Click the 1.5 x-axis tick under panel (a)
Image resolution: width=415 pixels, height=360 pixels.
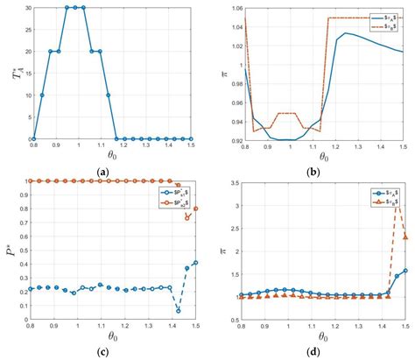[x=191, y=146]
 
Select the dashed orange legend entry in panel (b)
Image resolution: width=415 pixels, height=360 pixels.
[x=383, y=25]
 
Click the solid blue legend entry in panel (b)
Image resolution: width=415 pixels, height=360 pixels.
[x=383, y=15]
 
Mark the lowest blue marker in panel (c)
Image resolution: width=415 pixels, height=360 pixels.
[x=178, y=310]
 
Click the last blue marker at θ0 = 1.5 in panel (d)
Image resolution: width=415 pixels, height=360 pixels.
[x=404, y=271]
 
